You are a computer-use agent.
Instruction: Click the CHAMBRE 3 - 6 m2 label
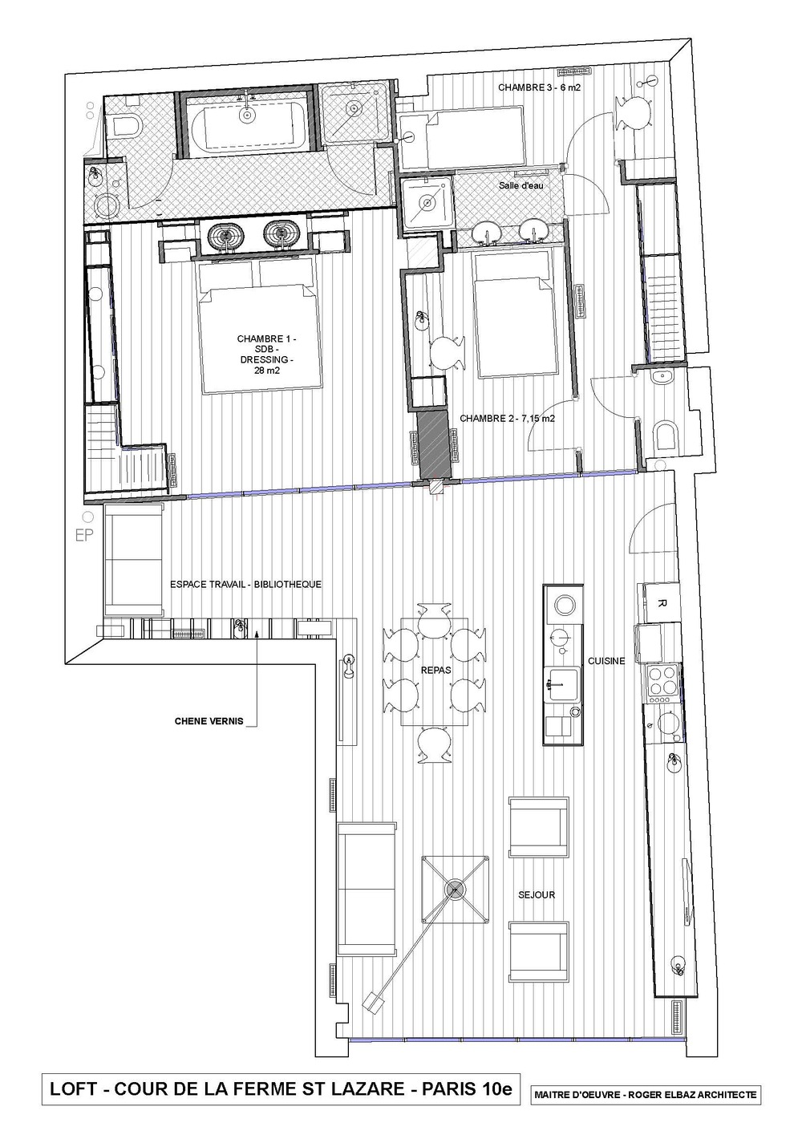(x=539, y=87)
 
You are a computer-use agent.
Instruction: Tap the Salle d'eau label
(x=520, y=185)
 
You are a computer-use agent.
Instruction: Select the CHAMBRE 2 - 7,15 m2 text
(x=507, y=419)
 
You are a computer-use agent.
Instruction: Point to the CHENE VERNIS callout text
(x=209, y=720)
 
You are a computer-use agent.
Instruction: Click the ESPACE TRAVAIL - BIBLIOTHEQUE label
(x=245, y=584)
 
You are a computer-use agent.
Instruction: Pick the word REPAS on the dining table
(x=435, y=670)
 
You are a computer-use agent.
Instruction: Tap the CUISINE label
(x=606, y=661)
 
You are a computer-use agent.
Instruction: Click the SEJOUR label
(x=537, y=895)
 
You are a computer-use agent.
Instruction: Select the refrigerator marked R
(x=661, y=602)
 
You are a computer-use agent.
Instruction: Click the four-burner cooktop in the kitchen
(x=661, y=681)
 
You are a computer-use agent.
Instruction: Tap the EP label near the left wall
(x=83, y=536)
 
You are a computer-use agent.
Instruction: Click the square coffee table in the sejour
(x=456, y=890)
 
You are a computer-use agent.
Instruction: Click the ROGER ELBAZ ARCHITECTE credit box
(x=645, y=1105)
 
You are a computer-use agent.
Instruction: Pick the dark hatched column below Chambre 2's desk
(x=433, y=445)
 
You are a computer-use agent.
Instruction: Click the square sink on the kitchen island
(x=561, y=684)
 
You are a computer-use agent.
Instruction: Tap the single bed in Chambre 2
(x=516, y=314)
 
